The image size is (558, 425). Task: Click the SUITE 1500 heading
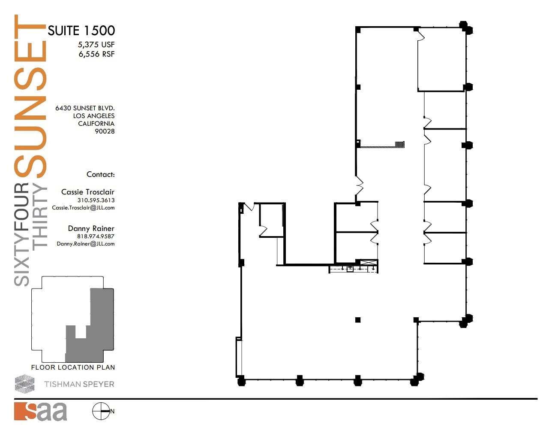point(81,30)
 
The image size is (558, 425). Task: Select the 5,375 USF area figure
point(96,45)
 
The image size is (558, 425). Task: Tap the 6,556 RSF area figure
point(96,54)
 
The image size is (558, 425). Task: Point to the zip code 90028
point(105,131)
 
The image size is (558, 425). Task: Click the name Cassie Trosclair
point(87,192)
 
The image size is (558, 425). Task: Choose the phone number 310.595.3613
point(96,200)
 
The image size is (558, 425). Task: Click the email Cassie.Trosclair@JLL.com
point(83,208)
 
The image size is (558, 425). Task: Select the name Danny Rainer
point(91,228)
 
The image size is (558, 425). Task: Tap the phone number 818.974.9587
point(96,236)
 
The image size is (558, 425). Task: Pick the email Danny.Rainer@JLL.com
point(85,244)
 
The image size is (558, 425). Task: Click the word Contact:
point(100,174)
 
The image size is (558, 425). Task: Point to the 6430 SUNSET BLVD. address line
point(84,108)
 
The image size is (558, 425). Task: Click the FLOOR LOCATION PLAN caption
point(73,367)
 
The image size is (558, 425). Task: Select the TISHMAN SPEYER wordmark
point(79,384)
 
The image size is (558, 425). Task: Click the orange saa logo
point(40,411)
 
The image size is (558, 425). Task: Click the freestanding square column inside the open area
point(358,320)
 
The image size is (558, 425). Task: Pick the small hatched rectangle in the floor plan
point(399,145)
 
